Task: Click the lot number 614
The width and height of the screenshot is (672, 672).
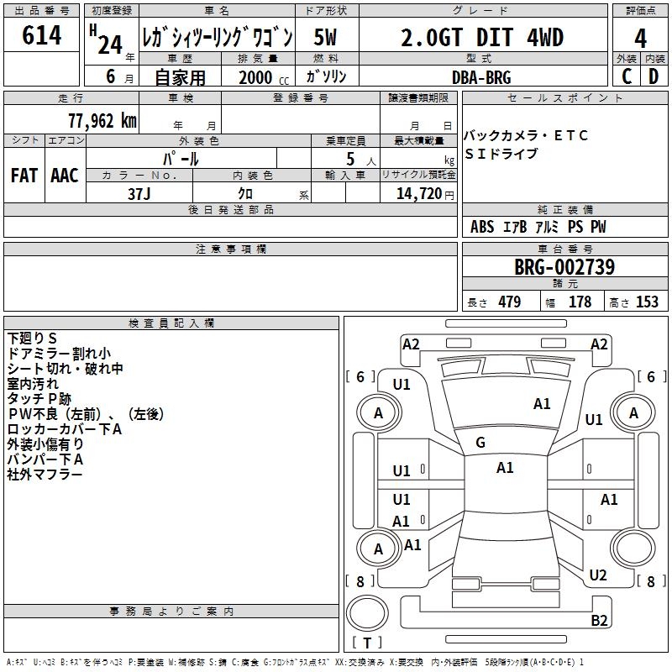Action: (x=41, y=35)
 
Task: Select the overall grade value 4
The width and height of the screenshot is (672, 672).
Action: (x=640, y=39)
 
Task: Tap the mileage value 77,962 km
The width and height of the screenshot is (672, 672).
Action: (x=102, y=121)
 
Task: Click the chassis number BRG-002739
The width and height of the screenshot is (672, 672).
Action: (x=564, y=267)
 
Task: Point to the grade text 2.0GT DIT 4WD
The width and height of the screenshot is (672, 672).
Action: (x=482, y=38)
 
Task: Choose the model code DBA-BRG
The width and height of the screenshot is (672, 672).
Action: (x=481, y=77)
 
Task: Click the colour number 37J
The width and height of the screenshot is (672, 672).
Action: (x=139, y=194)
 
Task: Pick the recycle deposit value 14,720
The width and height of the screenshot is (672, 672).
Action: (x=419, y=193)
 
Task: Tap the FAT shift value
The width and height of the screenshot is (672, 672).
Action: (x=24, y=176)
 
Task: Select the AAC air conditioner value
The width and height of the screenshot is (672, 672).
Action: (x=65, y=176)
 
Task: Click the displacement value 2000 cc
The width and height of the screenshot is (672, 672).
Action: (x=264, y=77)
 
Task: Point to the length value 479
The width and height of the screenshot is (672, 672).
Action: (x=510, y=302)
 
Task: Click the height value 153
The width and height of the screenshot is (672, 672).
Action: (x=647, y=302)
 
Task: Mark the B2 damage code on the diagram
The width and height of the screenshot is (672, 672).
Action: (x=599, y=620)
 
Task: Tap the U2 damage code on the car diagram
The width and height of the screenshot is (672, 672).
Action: (x=598, y=575)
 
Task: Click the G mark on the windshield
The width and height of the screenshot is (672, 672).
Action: (x=480, y=443)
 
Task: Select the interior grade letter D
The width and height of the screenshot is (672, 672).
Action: (x=654, y=76)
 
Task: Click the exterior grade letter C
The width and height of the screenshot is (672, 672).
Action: (x=627, y=76)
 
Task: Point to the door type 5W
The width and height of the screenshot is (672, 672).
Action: (x=325, y=38)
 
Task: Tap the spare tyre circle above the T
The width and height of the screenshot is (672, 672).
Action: (x=367, y=612)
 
